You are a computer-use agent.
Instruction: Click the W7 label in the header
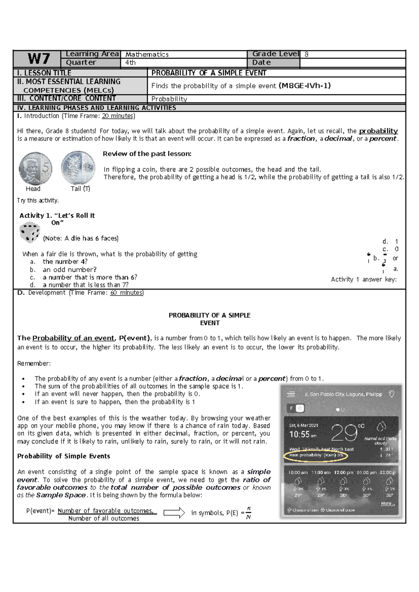[38, 59]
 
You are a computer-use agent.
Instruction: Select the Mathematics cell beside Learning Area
[147, 54]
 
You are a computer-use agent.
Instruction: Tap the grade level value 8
[306, 54]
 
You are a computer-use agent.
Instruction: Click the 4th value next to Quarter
[131, 62]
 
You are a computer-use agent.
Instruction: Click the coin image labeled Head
[35, 168]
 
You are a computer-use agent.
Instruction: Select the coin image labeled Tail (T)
[78, 168]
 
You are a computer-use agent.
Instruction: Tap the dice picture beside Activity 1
[30, 232]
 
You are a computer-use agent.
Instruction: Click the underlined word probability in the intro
[378, 131]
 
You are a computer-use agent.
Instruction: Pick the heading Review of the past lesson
[147, 154]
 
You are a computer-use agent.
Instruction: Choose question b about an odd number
[69, 269]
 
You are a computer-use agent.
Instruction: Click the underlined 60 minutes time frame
[126, 293]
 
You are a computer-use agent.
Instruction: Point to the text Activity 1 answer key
[363, 279]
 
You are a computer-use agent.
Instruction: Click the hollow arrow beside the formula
[174, 512]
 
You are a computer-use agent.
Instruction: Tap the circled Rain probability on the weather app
[316, 455]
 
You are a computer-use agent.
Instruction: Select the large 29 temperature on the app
[344, 433]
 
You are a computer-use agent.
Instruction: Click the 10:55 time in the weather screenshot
[300, 435]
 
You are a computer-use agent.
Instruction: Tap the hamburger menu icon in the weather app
[291, 394]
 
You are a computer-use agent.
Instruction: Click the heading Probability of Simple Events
[64, 456]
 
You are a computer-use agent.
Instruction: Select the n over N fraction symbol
[249, 513]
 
